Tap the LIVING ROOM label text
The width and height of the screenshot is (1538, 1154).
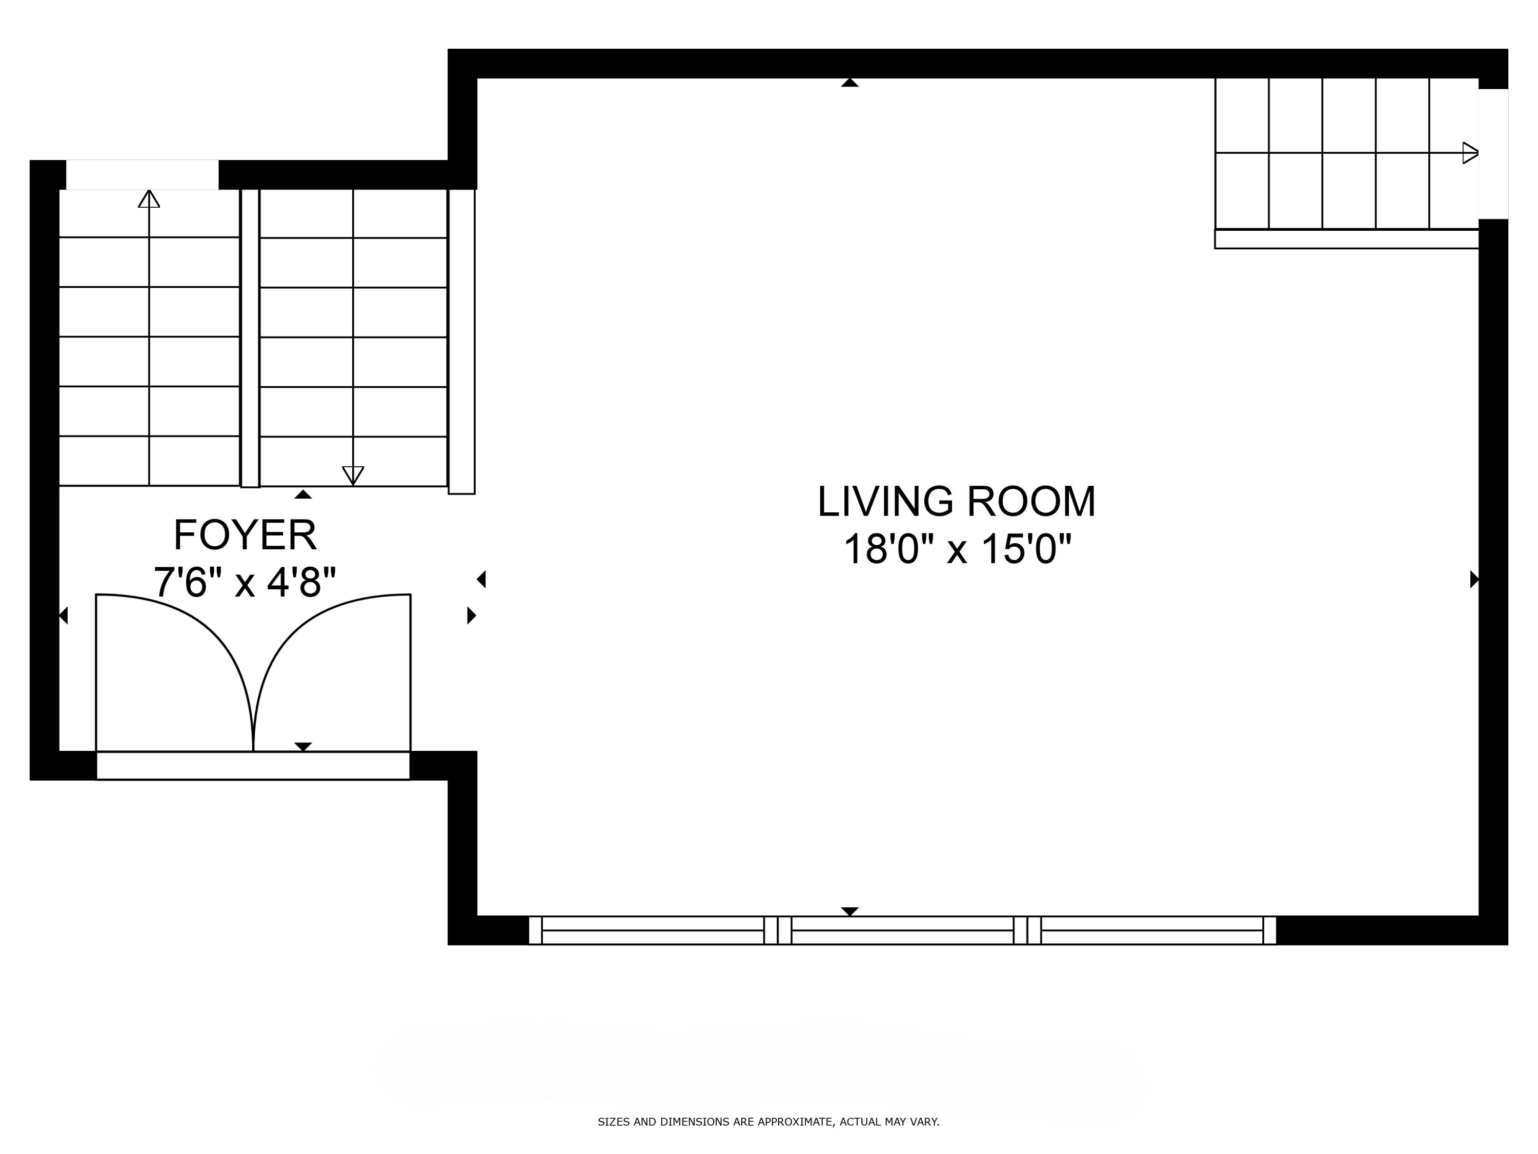(956, 502)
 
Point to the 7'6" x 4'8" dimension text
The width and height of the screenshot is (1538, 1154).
(245, 582)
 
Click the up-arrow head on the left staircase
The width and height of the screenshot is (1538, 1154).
(149, 199)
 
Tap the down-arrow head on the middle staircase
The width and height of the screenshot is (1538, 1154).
(353, 475)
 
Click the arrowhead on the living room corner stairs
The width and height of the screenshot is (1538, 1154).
(1470, 153)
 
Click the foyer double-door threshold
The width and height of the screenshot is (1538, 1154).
(253, 766)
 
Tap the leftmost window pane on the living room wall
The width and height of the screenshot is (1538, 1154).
(653, 930)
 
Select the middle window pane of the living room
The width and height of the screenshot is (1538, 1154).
(902, 930)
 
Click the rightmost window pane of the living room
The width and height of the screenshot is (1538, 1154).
(1152, 930)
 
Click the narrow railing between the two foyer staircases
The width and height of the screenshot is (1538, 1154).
(250, 338)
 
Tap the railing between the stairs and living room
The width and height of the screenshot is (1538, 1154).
(462, 342)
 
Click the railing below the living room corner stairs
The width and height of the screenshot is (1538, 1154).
(1347, 238)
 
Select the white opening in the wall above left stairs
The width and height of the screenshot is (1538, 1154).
(143, 174)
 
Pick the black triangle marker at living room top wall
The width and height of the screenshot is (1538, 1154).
(849, 83)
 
